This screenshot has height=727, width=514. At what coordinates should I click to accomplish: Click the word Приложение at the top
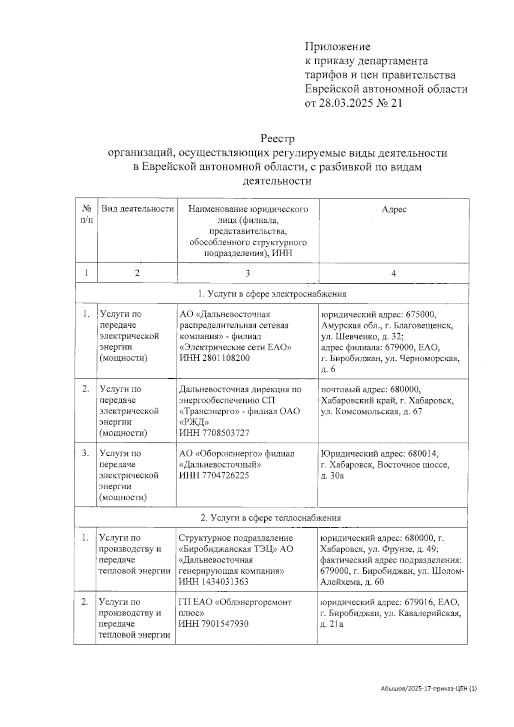point(338,46)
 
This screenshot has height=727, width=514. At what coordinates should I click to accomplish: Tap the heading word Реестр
point(278,139)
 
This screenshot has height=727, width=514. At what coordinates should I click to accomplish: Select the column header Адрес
point(394,209)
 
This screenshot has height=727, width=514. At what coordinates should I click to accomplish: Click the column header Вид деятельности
point(137,209)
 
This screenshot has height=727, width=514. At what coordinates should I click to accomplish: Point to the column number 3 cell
point(248,273)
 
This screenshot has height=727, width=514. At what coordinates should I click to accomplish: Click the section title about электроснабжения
point(272,294)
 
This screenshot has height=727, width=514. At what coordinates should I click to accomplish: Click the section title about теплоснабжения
point(271,518)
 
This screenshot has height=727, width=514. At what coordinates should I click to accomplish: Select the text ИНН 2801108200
point(214,358)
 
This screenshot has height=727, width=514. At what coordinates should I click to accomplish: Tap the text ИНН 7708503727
point(214,433)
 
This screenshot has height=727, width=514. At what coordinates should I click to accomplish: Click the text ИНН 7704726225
point(214,476)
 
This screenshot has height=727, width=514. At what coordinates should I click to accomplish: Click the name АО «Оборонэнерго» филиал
point(236,454)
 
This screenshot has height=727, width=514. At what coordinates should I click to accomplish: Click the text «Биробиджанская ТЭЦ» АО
point(236,549)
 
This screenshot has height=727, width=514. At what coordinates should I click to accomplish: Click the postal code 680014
point(424,454)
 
